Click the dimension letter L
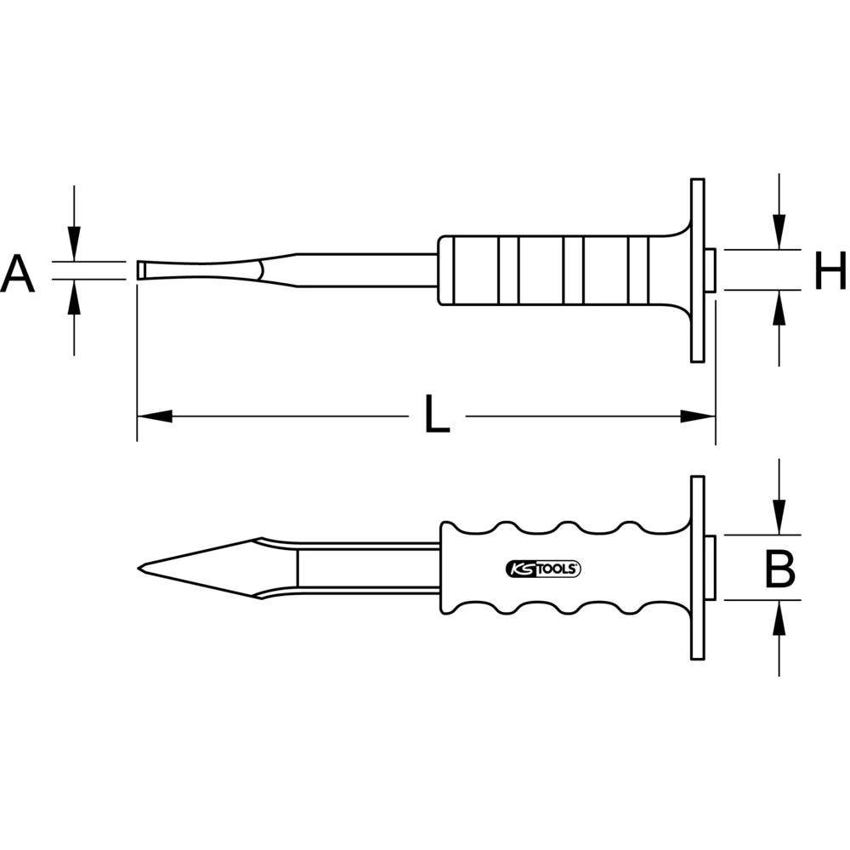[437, 416]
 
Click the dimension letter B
[779, 569]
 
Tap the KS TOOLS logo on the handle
[542, 569]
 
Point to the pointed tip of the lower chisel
[140, 568]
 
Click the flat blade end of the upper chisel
[139, 270]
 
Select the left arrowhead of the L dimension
[154, 416]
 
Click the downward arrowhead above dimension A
[75, 246]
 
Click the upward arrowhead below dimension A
[75, 294]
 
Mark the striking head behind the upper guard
[710, 270]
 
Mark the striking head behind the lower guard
[710, 568]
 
